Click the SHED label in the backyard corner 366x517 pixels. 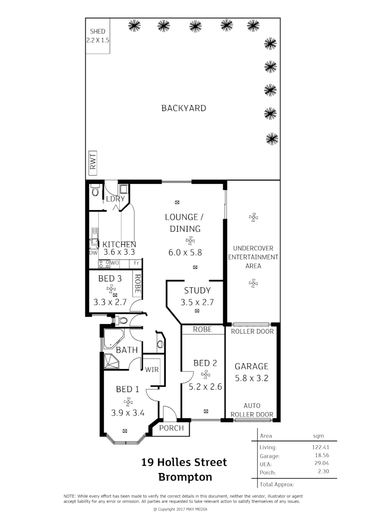click(x=98, y=32)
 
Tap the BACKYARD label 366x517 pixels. click(x=183, y=108)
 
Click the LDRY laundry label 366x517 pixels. click(x=115, y=199)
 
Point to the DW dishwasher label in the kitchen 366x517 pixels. click(x=93, y=252)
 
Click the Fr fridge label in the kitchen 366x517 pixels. click(x=137, y=263)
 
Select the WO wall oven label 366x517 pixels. click(x=114, y=263)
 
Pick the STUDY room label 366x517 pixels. click(x=197, y=291)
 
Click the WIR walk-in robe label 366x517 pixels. click(x=152, y=370)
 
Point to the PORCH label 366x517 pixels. click(x=171, y=428)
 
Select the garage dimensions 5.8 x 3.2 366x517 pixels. click(x=251, y=378)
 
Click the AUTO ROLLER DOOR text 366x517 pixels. click(x=252, y=410)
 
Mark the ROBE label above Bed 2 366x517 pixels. click(x=202, y=329)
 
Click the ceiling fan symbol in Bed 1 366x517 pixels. click(x=127, y=402)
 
